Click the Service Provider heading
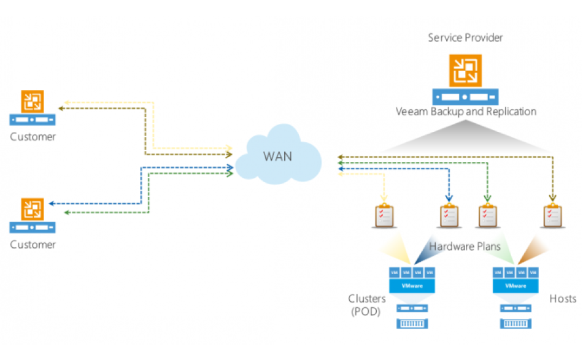[x=465, y=38]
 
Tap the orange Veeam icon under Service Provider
[x=465, y=71]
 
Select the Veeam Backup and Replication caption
[x=466, y=112]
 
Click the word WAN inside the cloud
[x=277, y=156]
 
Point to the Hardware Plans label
[x=465, y=247]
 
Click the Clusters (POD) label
[x=367, y=305]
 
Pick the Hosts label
[x=563, y=299]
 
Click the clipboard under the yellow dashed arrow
[x=385, y=216]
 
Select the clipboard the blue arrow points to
[x=449, y=216]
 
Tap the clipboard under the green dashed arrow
[x=487, y=216]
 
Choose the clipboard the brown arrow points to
[x=552, y=216]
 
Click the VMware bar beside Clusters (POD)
[x=412, y=286]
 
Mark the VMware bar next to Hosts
[x=515, y=286]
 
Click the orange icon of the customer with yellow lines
[x=33, y=101]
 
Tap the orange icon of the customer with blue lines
[x=33, y=209]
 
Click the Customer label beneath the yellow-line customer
[x=33, y=137]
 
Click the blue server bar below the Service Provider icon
[x=465, y=97]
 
